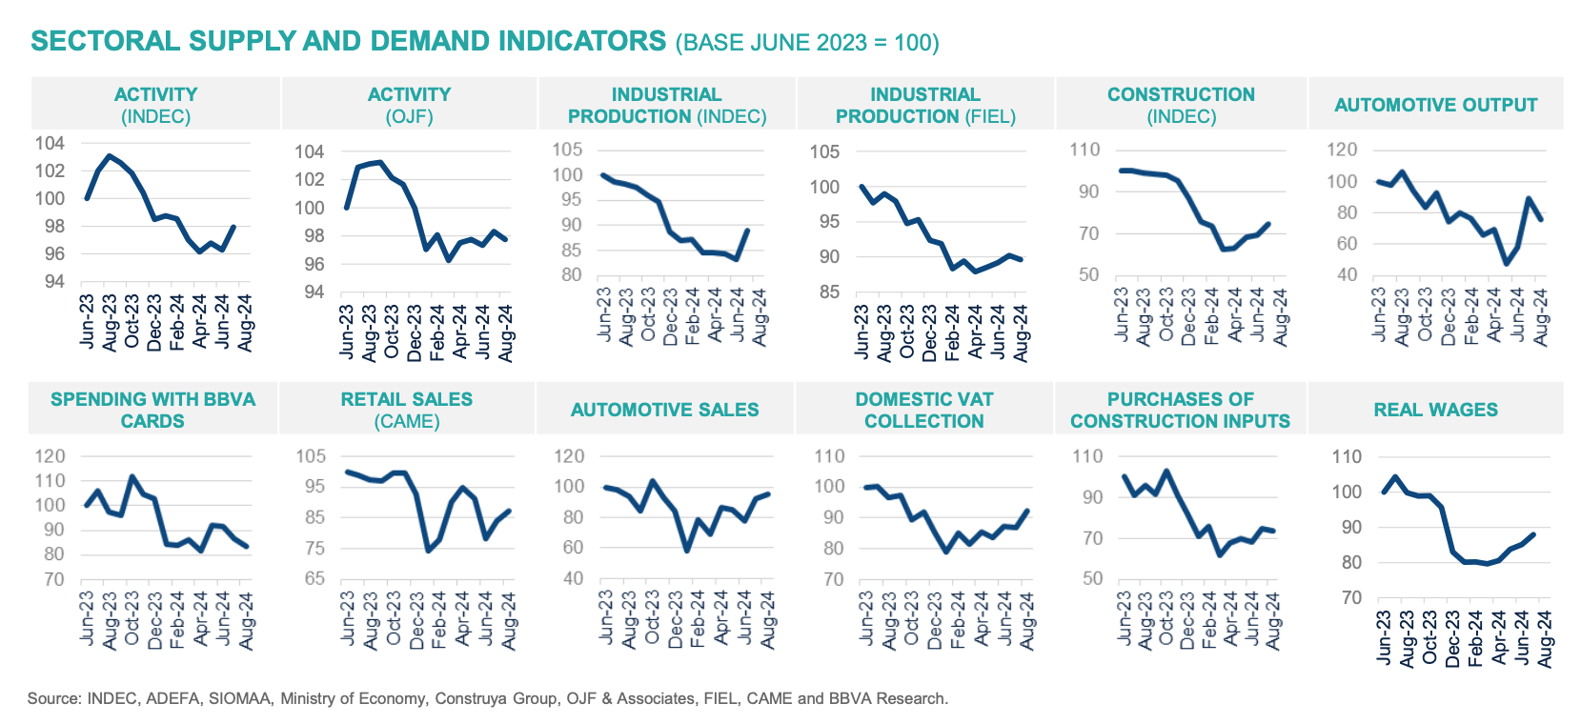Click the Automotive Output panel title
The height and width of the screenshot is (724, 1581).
coord(1435,105)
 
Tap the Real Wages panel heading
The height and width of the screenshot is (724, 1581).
coord(1435,410)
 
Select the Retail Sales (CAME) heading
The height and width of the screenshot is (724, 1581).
coord(407,410)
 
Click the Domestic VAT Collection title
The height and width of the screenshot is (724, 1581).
coord(923,410)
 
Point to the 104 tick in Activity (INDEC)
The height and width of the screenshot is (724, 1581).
coord(50,143)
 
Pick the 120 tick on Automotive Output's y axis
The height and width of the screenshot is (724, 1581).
coord(1342,150)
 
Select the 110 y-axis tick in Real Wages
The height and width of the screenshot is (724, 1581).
coord(1346,456)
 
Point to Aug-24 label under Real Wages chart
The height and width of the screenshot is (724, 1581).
coord(1544,638)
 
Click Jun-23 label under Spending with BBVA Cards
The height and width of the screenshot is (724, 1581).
coord(87,619)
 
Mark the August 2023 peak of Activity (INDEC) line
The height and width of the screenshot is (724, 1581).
coord(109,155)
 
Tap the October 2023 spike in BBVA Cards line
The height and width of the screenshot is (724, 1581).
coord(132,476)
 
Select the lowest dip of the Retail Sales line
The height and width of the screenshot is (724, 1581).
coord(428,551)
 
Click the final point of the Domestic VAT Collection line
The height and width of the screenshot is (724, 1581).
coord(1027,511)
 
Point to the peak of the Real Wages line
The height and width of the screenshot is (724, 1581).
coord(1394,477)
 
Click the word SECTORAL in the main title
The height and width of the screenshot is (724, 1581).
coord(105,41)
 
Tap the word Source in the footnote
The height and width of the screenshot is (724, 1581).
coord(53,698)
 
